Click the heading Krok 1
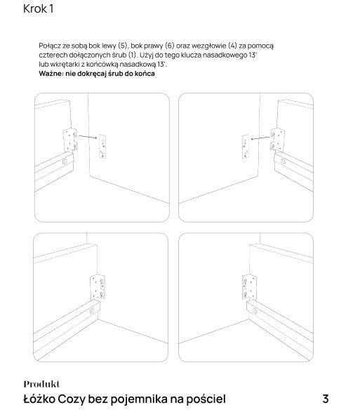pos(38,9)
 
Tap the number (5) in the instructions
pos(123,46)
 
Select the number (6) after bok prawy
pos(169,46)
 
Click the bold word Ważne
pos(51,74)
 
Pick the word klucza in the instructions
pos(191,55)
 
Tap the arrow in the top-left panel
pos(88,137)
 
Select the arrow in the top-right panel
pos(260,138)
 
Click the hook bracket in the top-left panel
pos(70,140)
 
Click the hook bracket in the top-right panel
pos(278,139)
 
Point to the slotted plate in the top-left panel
pos(102,147)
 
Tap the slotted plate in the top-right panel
pos(246,147)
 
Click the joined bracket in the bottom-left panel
pos(98,287)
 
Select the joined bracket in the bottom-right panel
pos(249,287)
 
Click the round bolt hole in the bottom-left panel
pos(92,311)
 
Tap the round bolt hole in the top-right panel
pos(283,161)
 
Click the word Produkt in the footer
pos(41,384)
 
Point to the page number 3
pos(325,399)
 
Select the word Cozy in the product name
pos(72,399)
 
